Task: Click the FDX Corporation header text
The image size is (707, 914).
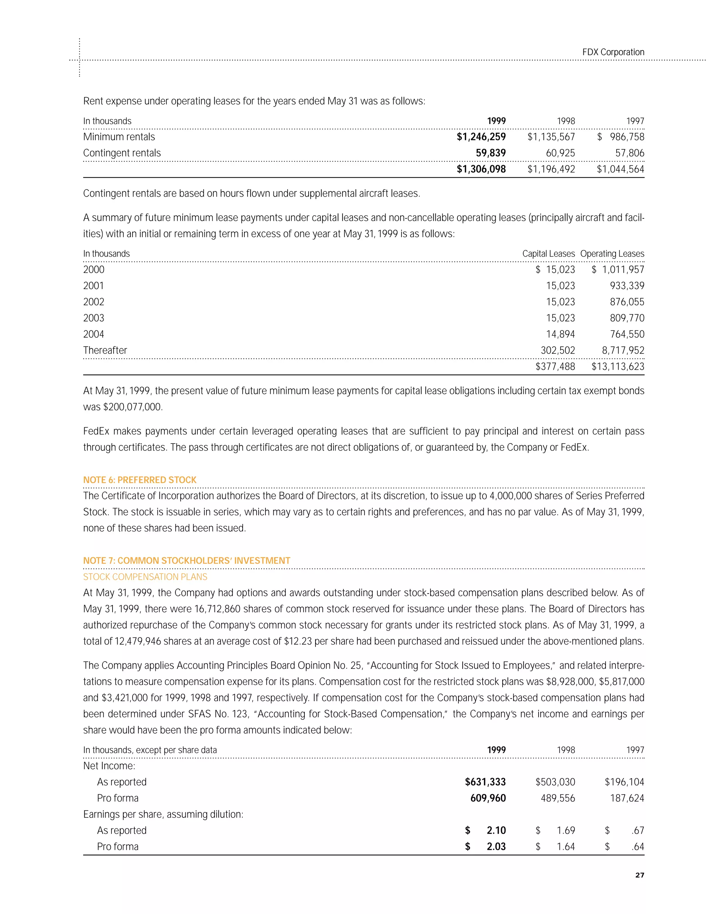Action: [613, 52]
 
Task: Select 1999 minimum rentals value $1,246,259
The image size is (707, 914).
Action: [481, 137]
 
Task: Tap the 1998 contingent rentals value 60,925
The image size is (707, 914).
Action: [560, 153]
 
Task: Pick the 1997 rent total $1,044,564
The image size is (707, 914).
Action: [620, 169]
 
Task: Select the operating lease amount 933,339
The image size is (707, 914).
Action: [627, 286]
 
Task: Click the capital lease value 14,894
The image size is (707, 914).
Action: [560, 334]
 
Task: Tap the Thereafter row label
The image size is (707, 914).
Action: [105, 350]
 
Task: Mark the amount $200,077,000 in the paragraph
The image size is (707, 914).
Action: [132, 407]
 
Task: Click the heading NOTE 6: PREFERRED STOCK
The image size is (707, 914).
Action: [139, 480]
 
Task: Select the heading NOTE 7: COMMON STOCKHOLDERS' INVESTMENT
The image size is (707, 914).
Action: [186, 561]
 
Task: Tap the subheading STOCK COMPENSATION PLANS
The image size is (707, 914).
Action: [145, 577]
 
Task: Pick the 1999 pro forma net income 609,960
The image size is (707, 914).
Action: [487, 798]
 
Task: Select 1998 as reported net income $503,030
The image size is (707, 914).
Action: [555, 782]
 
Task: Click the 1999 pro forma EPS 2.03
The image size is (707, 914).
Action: [496, 847]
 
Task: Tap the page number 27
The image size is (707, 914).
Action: [640, 875]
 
